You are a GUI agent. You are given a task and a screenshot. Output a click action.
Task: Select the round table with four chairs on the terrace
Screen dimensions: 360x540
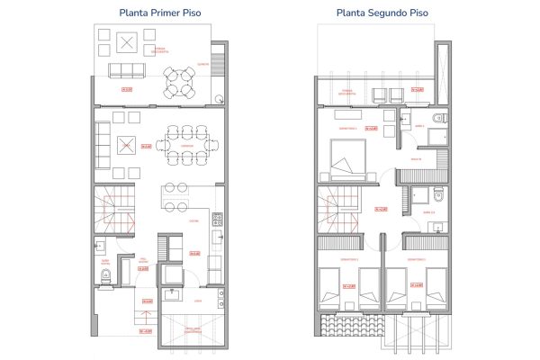[x=184, y=82]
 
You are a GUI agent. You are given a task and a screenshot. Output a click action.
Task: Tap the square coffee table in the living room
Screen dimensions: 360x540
[x=128, y=144]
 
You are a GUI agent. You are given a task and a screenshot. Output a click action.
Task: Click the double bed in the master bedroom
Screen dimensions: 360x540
[x=346, y=165]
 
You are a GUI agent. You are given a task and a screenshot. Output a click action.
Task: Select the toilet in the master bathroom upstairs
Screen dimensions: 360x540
[x=437, y=120]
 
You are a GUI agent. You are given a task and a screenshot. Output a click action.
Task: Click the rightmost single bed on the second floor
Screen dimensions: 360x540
[x=436, y=290]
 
